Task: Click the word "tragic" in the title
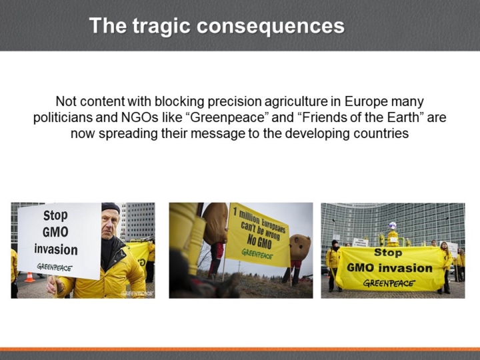click(x=161, y=26)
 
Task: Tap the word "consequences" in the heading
click(x=271, y=26)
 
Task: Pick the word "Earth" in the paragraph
click(x=403, y=117)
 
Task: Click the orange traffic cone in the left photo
click(x=29, y=277)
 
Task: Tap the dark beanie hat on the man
click(x=111, y=207)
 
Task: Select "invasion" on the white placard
click(x=56, y=249)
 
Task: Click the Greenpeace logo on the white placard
click(x=55, y=267)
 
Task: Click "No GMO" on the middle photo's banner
click(x=259, y=241)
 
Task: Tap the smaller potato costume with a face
click(x=300, y=247)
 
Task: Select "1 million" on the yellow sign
click(x=244, y=215)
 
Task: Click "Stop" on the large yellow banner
click(x=388, y=253)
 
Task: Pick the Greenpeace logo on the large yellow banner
click(x=389, y=283)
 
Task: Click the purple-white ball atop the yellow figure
click(x=392, y=226)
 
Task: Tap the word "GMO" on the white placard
click(x=55, y=232)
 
